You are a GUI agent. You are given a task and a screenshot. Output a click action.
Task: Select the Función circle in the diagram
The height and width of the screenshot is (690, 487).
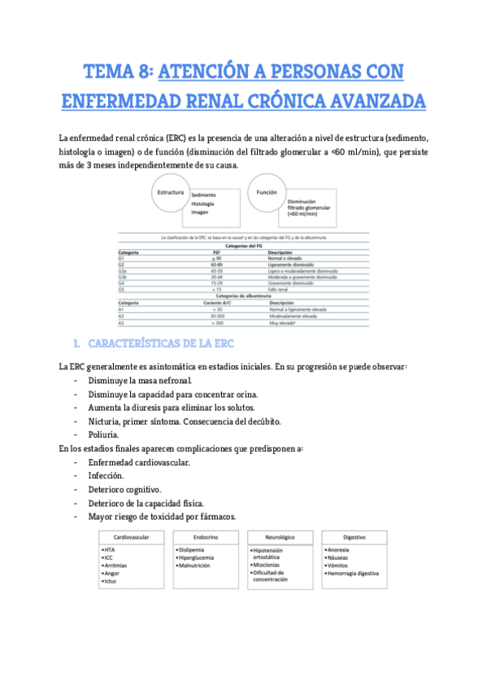tap(267, 194)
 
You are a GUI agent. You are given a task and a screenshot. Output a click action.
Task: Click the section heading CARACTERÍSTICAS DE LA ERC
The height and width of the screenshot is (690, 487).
tap(167, 344)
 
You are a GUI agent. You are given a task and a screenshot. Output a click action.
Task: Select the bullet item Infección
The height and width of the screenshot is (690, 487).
tap(106, 475)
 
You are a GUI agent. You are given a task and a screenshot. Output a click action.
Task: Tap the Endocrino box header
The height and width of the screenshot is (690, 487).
tap(205, 538)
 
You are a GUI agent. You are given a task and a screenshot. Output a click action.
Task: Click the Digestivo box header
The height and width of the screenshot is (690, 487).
tap(354, 538)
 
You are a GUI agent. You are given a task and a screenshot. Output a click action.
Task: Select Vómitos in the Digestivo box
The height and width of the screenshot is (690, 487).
tap(340, 565)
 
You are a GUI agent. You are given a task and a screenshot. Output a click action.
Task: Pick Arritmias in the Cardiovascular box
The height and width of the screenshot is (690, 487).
tap(117, 565)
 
